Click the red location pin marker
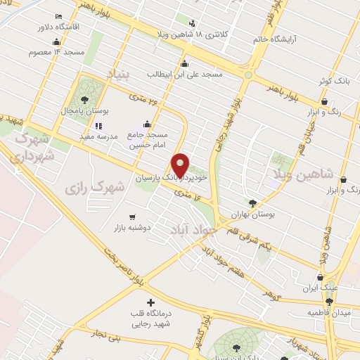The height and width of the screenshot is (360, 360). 181,165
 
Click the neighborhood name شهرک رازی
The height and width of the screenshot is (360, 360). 94,188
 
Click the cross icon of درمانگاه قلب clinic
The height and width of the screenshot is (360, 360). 149,302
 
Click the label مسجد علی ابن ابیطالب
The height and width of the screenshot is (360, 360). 184,73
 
